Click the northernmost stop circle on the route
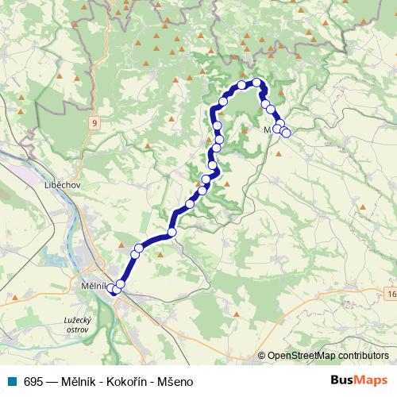point(256,83)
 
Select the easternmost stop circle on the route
point(286,133)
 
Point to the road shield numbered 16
point(391,295)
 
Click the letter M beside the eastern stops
point(268,129)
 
